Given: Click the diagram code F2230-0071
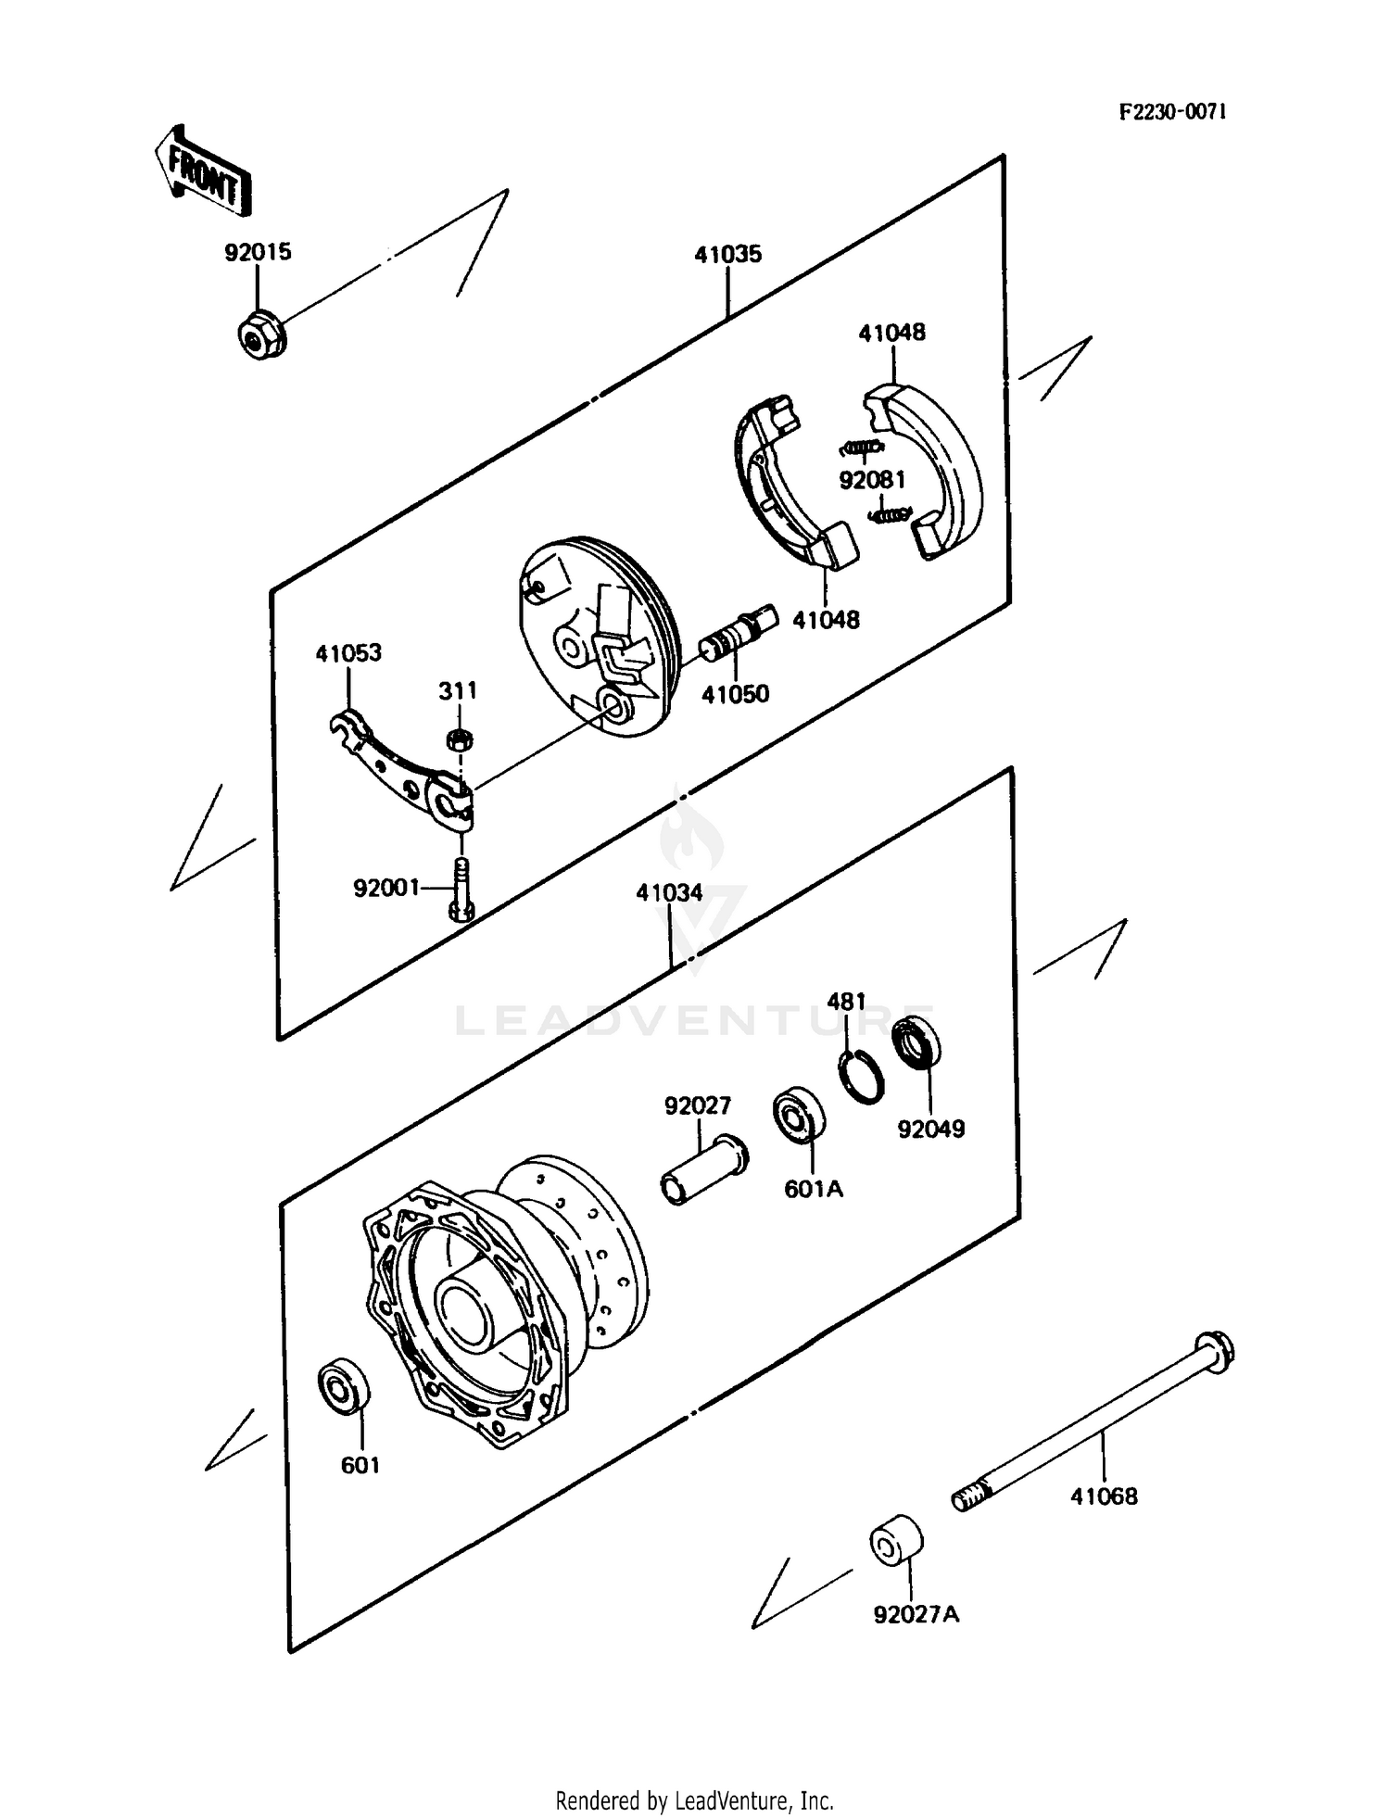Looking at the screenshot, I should click(x=1171, y=112).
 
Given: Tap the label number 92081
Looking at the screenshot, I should click(x=872, y=480).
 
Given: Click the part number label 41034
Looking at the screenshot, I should click(x=668, y=893).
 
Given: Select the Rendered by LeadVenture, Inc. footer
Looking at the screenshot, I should click(x=694, y=1800).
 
